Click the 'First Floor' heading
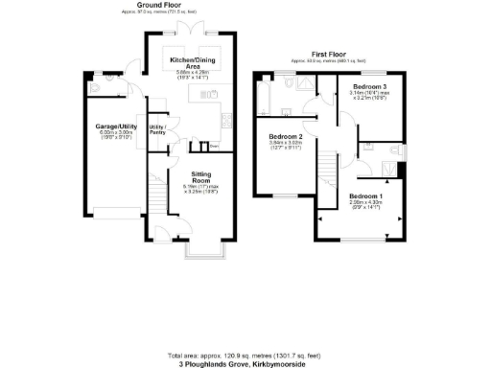pyautogui.click(x=327, y=54)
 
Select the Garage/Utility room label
pyautogui.click(x=113, y=126)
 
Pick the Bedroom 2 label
pyautogui.click(x=285, y=137)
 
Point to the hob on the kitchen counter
pyautogui.click(x=225, y=119)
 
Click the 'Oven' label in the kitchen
pyautogui.click(x=214, y=147)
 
